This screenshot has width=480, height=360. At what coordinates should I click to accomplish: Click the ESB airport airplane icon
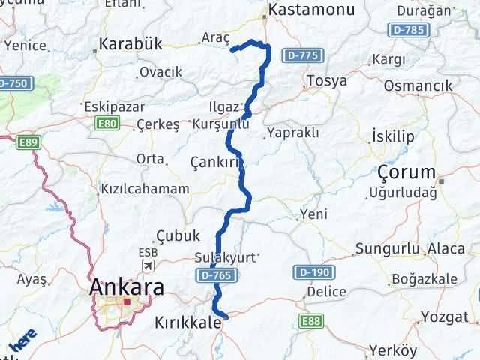pos(148,266)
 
